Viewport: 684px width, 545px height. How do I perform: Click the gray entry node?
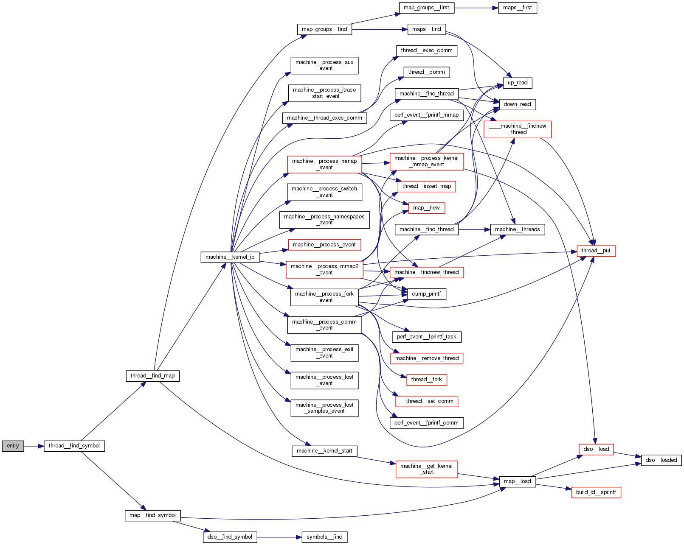13,446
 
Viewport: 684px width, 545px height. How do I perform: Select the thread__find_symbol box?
74,446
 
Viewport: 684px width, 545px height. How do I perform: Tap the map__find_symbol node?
152,515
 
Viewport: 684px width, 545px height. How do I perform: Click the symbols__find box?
324,537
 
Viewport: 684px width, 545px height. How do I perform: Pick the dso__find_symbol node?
230,537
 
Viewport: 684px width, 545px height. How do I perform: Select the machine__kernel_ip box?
230,257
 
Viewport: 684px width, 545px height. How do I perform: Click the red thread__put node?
596,251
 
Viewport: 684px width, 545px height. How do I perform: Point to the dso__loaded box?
661,460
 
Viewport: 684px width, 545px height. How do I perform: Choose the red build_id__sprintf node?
596,492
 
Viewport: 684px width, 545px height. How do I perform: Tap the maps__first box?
517,8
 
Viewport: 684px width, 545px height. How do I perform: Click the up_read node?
517,83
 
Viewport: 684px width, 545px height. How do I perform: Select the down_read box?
517,104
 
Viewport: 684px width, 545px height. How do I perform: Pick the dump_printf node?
426,294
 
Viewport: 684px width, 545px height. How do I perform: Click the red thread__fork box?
426,380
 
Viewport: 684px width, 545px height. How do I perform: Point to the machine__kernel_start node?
324,451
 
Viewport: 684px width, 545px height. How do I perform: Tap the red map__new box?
426,208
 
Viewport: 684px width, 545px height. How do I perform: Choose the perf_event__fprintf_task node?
426,337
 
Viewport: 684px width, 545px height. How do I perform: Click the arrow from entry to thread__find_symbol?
34,446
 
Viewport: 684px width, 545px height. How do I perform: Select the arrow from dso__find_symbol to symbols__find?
279,537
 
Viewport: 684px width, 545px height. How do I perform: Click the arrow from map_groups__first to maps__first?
476,8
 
